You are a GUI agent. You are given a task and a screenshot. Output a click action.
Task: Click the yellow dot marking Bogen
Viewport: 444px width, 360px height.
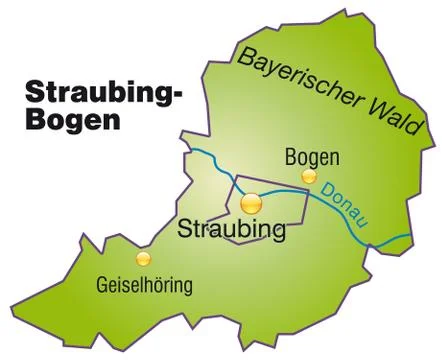(x=308, y=176)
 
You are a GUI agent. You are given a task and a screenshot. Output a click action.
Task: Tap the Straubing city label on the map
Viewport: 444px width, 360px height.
(x=231, y=229)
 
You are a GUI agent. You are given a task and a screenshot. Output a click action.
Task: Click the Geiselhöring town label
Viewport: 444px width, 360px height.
(x=145, y=283)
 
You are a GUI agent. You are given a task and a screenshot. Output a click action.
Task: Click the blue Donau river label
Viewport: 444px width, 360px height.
(x=344, y=200)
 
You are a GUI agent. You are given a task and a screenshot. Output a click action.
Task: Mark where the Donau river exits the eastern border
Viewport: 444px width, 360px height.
(x=410, y=236)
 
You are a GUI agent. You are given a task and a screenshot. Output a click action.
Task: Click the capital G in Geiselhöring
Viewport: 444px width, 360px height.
(x=104, y=283)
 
